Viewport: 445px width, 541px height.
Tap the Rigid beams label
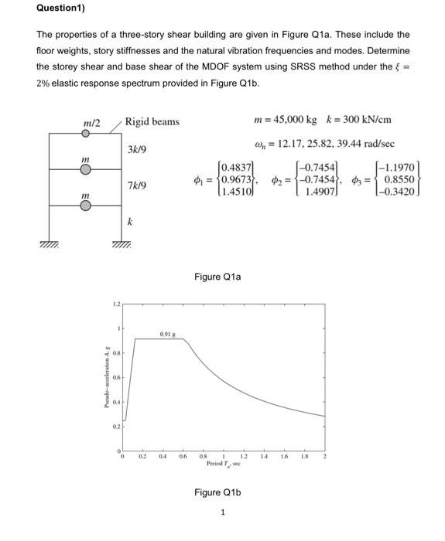(152, 121)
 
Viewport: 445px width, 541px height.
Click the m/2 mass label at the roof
(90, 122)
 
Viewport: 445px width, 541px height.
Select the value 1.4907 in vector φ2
(319, 192)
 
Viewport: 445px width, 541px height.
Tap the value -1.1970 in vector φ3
(400, 167)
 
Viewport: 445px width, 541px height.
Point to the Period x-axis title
(222, 464)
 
